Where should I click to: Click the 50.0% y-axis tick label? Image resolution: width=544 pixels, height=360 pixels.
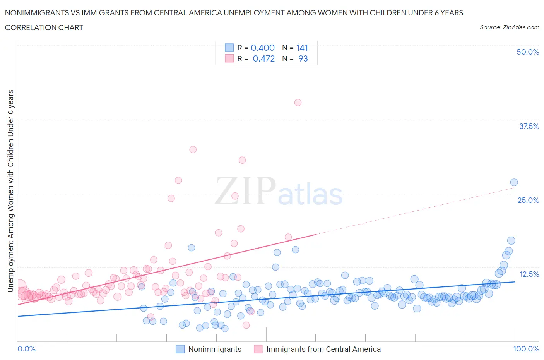(527, 52)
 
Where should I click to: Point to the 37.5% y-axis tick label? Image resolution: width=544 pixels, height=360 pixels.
(529, 126)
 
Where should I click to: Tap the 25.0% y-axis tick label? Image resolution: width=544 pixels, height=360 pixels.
(528, 200)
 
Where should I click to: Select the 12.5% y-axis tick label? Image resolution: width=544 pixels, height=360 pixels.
(529, 274)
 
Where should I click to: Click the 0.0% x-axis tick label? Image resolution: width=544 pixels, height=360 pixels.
(26, 349)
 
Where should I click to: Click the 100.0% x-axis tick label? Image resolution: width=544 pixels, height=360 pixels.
(526, 349)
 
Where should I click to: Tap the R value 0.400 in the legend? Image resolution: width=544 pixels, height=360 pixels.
(262, 48)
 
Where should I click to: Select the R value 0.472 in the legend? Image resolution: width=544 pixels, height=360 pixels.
(263, 58)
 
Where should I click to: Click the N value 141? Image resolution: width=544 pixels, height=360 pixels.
(302, 48)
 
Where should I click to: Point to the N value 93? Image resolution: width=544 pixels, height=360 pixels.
(303, 58)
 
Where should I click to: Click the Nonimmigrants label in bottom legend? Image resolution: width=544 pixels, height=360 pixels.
(215, 349)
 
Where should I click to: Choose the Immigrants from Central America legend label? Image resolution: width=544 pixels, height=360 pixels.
(323, 349)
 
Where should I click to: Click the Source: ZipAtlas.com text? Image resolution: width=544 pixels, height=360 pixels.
(509, 27)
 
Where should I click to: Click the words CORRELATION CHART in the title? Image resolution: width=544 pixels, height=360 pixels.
(44, 27)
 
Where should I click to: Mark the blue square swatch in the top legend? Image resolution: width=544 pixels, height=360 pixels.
(229, 48)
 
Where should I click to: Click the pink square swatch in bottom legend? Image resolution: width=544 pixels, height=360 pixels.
(258, 349)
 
